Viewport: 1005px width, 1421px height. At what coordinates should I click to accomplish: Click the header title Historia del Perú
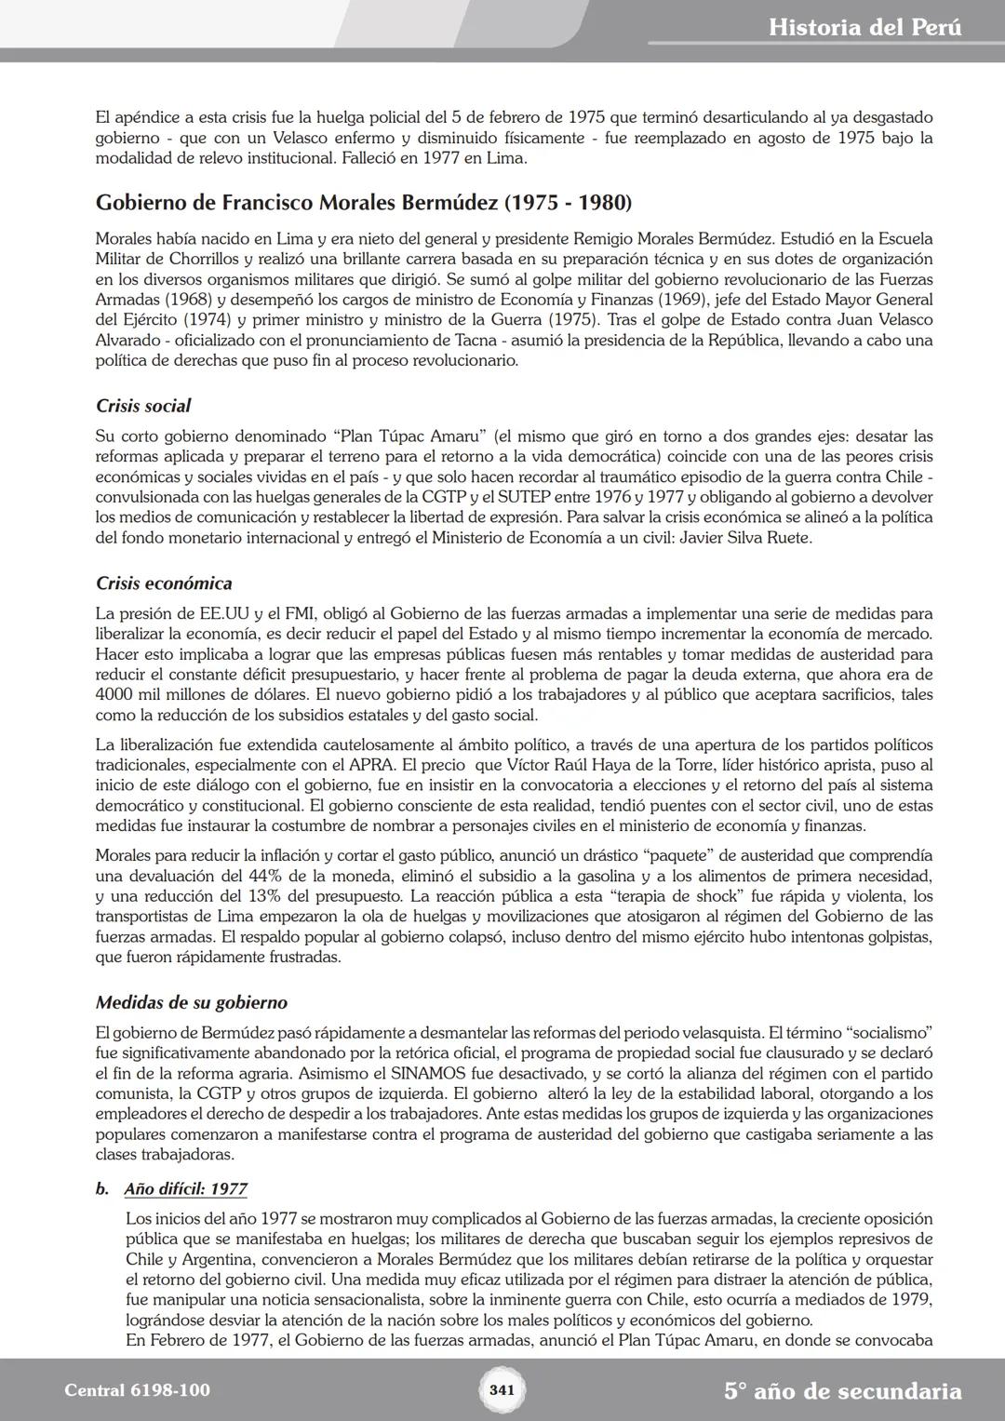864,28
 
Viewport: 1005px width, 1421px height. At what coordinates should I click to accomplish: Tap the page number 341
502,1390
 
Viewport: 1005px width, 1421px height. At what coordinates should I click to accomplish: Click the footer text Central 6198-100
138,1390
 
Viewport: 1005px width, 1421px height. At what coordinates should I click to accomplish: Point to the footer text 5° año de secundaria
842,1391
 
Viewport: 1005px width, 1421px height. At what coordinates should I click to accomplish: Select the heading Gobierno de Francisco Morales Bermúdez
364,202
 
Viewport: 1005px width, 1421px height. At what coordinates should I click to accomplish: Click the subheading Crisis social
143,406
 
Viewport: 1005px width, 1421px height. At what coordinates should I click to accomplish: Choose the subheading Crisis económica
164,583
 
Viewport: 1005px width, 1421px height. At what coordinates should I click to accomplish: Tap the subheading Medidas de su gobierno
192,1002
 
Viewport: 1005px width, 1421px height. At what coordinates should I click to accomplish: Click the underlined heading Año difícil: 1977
185,1188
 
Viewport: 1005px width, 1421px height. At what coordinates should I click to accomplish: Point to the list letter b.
102,1188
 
